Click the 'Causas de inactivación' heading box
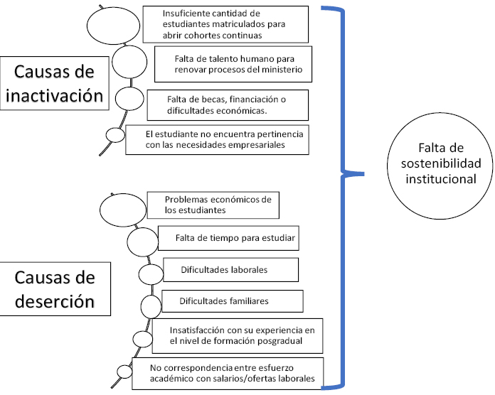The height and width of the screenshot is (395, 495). (x=54, y=83)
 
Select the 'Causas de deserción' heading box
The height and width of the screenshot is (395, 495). (x=55, y=288)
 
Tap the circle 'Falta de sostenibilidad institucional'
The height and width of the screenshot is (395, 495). (x=440, y=166)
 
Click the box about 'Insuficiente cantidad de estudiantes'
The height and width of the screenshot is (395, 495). (x=225, y=24)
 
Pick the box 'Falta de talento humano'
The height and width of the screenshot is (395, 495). (x=233, y=64)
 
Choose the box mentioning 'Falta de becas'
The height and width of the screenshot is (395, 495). (x=228, y=105)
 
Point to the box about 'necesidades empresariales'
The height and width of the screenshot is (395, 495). (x=217, y=140)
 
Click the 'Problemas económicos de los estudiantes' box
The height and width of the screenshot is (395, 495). (x=213, y=205)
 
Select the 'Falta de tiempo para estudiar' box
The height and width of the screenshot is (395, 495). (x=228, y=238)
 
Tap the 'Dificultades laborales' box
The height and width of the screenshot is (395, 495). (x=230, y=270)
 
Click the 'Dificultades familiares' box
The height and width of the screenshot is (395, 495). (x=233, y=301)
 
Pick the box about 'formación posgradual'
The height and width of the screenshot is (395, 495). (x=238, y=336)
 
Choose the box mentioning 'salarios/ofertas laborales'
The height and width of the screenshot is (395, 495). (x=228, y=373)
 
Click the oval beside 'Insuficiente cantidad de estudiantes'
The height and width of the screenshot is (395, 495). (x=113, y=26)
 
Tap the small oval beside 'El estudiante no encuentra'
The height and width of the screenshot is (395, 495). (x=115, y=135)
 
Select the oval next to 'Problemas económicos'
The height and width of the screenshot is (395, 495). (x=123, y=210)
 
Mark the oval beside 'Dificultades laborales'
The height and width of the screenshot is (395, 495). (x=151, y=274)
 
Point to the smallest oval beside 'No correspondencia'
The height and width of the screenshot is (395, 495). (x=124, y=372)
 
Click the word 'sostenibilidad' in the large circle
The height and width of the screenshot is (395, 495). (x=441, y=163)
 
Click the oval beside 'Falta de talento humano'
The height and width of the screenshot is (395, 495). (x=129, y=62)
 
